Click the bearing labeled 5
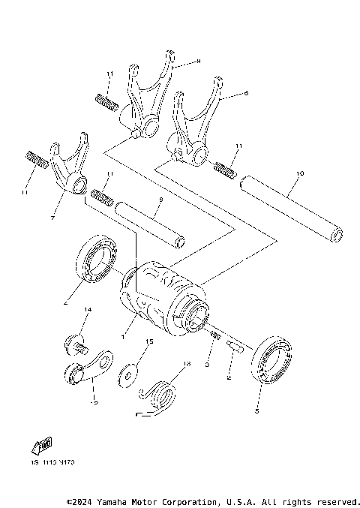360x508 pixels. [270, 361]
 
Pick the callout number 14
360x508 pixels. [87, 310]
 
